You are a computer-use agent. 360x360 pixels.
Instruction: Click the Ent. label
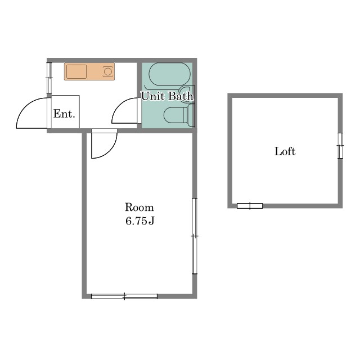[x=64, y=114]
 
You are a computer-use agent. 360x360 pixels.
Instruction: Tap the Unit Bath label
[x=167, y=96]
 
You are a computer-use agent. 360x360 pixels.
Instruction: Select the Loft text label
[x=285, y=151]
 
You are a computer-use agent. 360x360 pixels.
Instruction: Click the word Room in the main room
[x=139, y=208]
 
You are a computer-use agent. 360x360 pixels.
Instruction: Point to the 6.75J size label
[x=140, y=221]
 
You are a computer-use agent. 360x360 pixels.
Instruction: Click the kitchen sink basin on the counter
[x=76, y=71]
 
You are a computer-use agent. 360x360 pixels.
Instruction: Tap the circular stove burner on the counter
[x=107, y=71]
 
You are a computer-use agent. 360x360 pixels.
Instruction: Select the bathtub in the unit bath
[x=170, y=74]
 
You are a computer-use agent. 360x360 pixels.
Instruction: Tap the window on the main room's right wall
[x=195, y=236]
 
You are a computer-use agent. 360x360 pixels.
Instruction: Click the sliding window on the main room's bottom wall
[x=124, y=296]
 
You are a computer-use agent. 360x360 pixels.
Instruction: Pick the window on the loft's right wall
[x=340, y=146]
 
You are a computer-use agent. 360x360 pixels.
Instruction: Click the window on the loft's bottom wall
[x=250, y=206]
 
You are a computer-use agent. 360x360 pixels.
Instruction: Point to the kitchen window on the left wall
[x=49, y=78]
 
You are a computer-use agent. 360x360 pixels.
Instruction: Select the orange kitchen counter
[x=89, y=71]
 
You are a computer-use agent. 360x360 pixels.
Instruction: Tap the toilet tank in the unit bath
[x=191, y=115]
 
